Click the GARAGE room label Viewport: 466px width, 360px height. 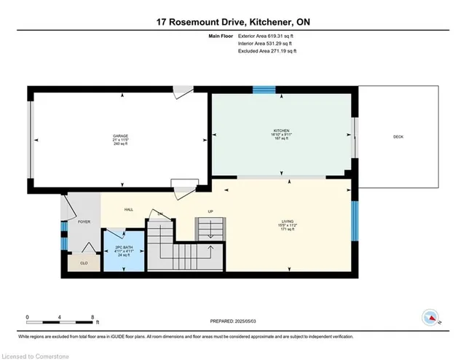pos(120,136)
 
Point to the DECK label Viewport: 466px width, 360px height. pos(398,136)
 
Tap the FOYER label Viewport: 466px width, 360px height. pos(84,221)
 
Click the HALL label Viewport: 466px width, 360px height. pos(129,209)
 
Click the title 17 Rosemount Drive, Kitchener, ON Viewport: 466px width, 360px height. pos(233,22)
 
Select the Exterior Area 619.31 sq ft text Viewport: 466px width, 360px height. pos(268,36)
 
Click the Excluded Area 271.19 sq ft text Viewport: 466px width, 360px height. pos(268,52)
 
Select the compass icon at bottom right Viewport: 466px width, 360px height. pos(430,318)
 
